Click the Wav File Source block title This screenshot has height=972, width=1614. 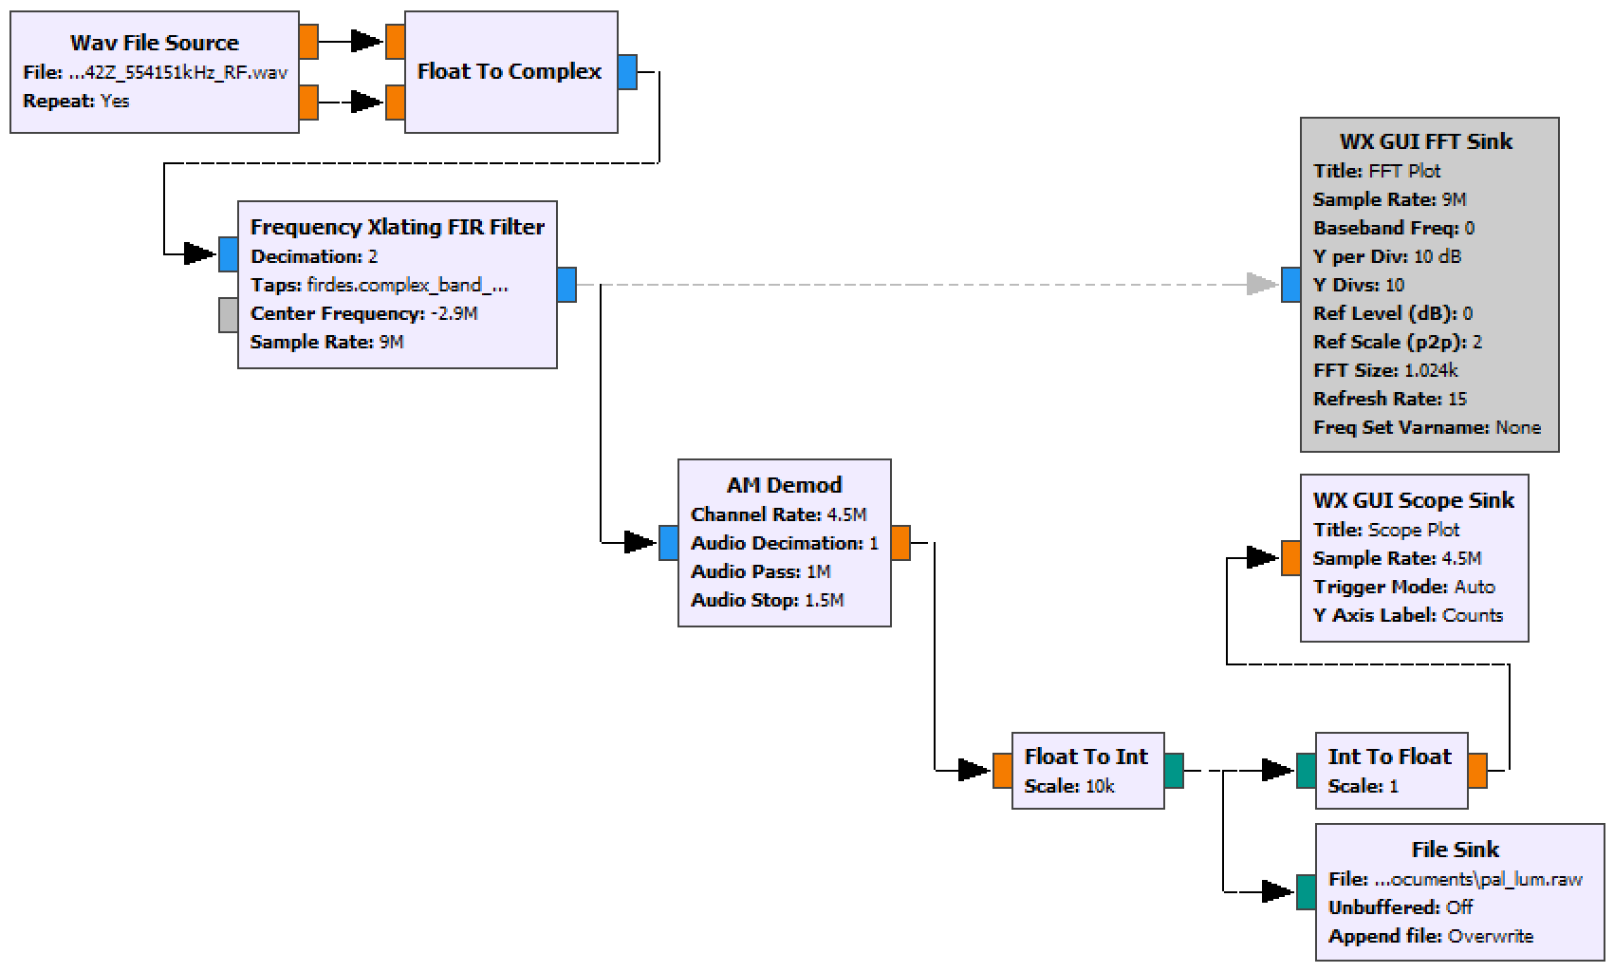pyautogui.click(x=154, y=43)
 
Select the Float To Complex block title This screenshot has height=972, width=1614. pyautogui.click(x=510, y=71)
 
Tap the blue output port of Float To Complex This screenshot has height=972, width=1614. pyautogui.click(x=627, y=72)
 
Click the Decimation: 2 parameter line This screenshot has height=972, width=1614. pyautogui.click(x=314, y=256)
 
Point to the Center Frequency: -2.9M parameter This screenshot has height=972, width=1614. pyautogui.click(x=363, y=313)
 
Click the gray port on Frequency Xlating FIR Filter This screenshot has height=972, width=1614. pyautogui.click(x=229, y=314)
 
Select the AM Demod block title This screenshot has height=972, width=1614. pyautogui.click(x=784, y=485)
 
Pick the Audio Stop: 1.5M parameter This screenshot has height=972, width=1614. pyautogui.click(x=767, y=600)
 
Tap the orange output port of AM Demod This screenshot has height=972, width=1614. pyautogui.click(x=900, y=543)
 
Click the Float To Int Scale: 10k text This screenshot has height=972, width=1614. pyautogui.click(x=1069, y=786)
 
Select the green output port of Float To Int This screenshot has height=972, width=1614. pyautogui.click(x=1174, y=771)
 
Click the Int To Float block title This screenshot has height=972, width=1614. pyautogui.click(x=1389, y=757)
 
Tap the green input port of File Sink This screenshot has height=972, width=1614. pyautogui.click(x=1307, y=892)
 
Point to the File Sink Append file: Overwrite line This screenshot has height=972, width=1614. pyautogui.click(x=1431, y=936)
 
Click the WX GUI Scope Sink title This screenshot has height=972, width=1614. pyautogui.click(x=1413, y=500)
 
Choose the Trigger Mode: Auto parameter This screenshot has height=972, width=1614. pyautogui.click(x=1403, y=587)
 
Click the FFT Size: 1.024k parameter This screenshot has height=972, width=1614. pyautogui.click(x=1385, y=370)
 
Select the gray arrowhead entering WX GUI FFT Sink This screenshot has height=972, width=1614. pyautogui.click(x=1261, y=284)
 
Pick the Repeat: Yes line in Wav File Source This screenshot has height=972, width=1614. pyautogui.click(x=76, y=101)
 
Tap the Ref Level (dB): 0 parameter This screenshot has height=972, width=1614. pyautogui.click(x=1392, y=313)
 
